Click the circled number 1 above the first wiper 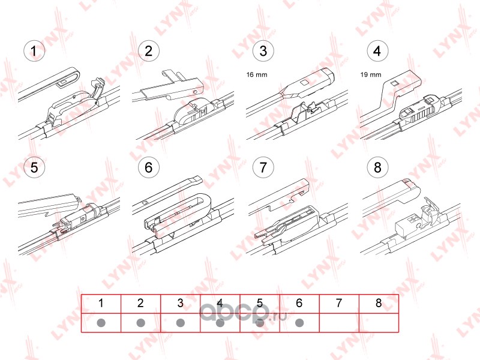click(34, 51)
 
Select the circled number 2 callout click(149, 51)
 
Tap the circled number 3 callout click(263, 51)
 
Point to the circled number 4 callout click(377, 51)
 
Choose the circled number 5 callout click(34, 167)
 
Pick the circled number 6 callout click(149, 167)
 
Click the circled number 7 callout click(263, 167)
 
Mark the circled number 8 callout click(377, 167)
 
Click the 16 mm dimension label click(257, 74)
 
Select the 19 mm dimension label click(371, 74)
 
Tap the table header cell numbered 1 click(101, 304)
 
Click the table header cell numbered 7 click(339, 304)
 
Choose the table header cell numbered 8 click(379, 304)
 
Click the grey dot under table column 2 click(141, 323)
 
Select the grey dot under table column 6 click(299, 323)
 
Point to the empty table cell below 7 click(339, 323)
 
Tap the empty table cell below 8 click(379, 323)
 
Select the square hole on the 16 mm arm click(304, 83)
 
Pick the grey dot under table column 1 click(101, 323)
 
